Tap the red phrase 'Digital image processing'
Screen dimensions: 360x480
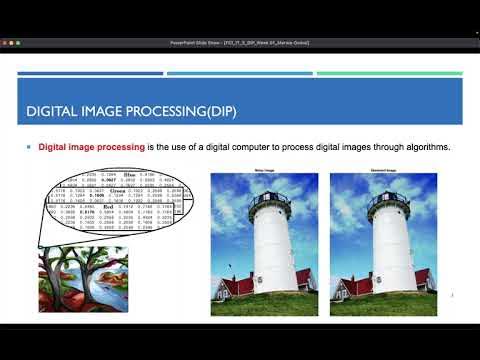(91, 148)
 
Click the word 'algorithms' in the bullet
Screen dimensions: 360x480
(425, 148)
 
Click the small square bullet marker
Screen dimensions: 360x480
(29, 148)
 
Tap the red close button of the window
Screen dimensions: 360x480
(9, 44)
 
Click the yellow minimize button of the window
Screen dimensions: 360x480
(17, 44)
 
